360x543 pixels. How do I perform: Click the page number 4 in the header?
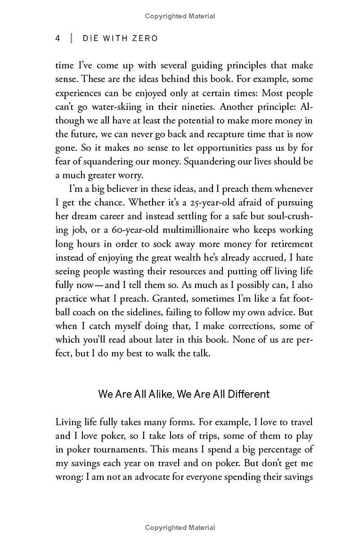58,38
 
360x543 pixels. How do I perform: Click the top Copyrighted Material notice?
180,16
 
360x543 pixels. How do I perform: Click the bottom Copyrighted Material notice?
180,528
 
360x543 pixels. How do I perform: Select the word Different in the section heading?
248,394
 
